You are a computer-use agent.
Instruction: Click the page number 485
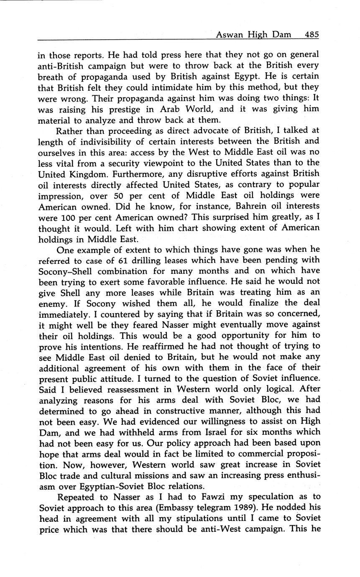point(312,35)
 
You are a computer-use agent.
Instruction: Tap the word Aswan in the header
point(229,35)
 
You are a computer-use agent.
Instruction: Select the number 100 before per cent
point(65,217)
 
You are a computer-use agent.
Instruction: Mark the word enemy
point(51,303)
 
